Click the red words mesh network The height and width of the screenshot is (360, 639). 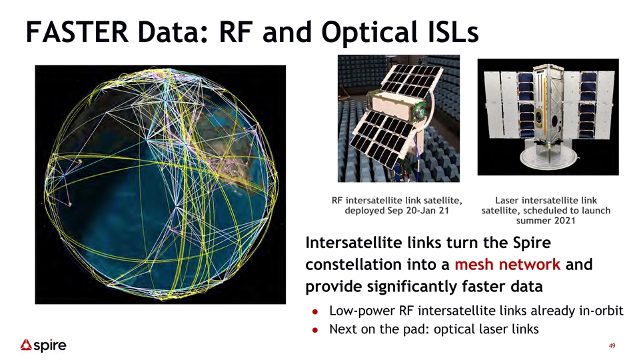507,264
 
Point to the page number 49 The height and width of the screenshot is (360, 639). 612,346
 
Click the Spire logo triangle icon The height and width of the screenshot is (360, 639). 26,345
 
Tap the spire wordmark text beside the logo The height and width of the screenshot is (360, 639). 50,346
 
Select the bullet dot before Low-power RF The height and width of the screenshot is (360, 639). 315,311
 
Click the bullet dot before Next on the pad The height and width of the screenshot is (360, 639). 315,330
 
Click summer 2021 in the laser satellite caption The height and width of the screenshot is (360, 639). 546,221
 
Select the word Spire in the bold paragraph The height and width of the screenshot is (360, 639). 532,243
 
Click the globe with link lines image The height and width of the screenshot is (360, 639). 161,184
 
